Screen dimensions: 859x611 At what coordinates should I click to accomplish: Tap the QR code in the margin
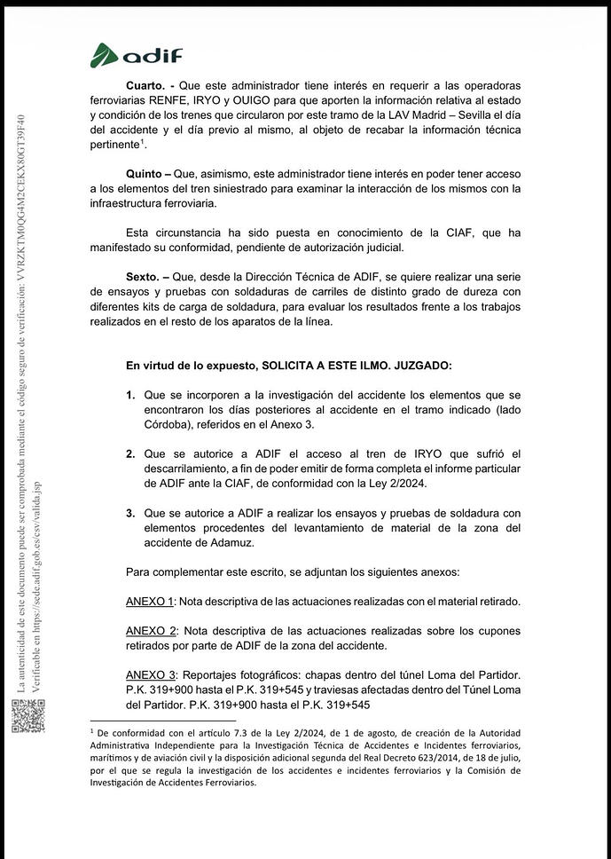[x=27, y=716]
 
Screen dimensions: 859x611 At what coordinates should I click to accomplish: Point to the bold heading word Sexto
[x=144, y=277]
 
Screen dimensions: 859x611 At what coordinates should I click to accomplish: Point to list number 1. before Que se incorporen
[x=130, y=394]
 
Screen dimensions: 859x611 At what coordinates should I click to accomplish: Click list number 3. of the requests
[x=130, y=513]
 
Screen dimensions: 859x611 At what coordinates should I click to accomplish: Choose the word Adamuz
[x=229, y=542]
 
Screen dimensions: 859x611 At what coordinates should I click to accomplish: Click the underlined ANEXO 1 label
[x=150, y=602]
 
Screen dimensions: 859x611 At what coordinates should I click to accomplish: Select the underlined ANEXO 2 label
[x=150, y=631]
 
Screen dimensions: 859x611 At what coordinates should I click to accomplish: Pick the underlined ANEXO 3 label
[x=150, y=675]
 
